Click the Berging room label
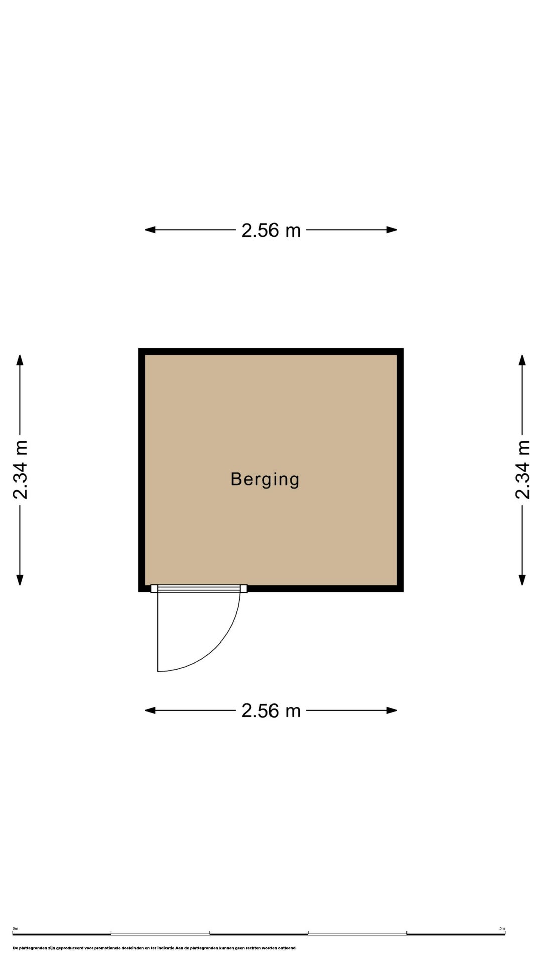pos(265,479)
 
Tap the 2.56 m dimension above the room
pos(271,230)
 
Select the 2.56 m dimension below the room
pos(271,711)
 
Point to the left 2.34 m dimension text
pos(20,470)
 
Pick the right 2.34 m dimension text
pos(522,470)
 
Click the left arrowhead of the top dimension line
pos(150,230)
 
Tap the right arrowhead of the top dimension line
pos(392,230)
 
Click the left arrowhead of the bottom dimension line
pos(150,710)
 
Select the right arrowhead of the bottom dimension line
pos(392,710)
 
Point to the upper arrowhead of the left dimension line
pos(20,360)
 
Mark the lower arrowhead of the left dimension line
pos(20,580)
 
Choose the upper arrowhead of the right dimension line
pos(522,360)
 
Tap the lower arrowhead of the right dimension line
pos(522,580)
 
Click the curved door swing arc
pos(217,648)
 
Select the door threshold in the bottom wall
pos(199,589)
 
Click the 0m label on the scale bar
pos(15,929)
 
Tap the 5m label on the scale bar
pos(502,929)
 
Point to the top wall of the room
pos(271,351)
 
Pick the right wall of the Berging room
pos(400,470)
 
